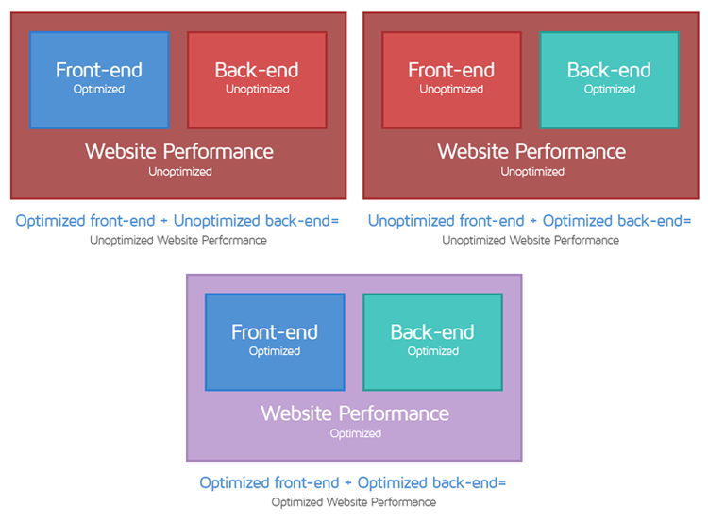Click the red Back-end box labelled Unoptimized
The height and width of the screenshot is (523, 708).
257,79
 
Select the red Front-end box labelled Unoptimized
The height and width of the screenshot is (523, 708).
451,79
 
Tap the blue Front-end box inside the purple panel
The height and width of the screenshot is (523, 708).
275,341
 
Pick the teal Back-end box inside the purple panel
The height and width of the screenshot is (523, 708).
432,341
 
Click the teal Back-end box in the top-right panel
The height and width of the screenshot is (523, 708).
609,79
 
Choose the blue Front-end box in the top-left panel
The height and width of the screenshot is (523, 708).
99,79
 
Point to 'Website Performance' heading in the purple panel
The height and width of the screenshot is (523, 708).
355,413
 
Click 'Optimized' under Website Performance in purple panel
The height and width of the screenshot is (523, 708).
355,433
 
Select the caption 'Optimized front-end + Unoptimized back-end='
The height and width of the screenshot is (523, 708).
177,221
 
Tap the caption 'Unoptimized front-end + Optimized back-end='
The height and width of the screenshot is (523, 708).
530,221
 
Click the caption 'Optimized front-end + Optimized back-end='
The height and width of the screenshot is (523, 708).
353,482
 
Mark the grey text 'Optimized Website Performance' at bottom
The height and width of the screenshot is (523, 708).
353,502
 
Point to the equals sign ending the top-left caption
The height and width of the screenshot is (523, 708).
333,222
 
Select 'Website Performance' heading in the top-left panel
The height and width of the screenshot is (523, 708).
179,151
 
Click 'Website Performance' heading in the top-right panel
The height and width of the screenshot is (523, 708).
531,151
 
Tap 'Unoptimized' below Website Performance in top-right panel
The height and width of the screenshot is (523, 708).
531,172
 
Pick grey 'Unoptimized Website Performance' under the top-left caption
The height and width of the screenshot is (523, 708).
177,240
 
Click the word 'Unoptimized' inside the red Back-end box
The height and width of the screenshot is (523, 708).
257,90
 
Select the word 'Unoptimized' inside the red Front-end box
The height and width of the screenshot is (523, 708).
451,90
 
